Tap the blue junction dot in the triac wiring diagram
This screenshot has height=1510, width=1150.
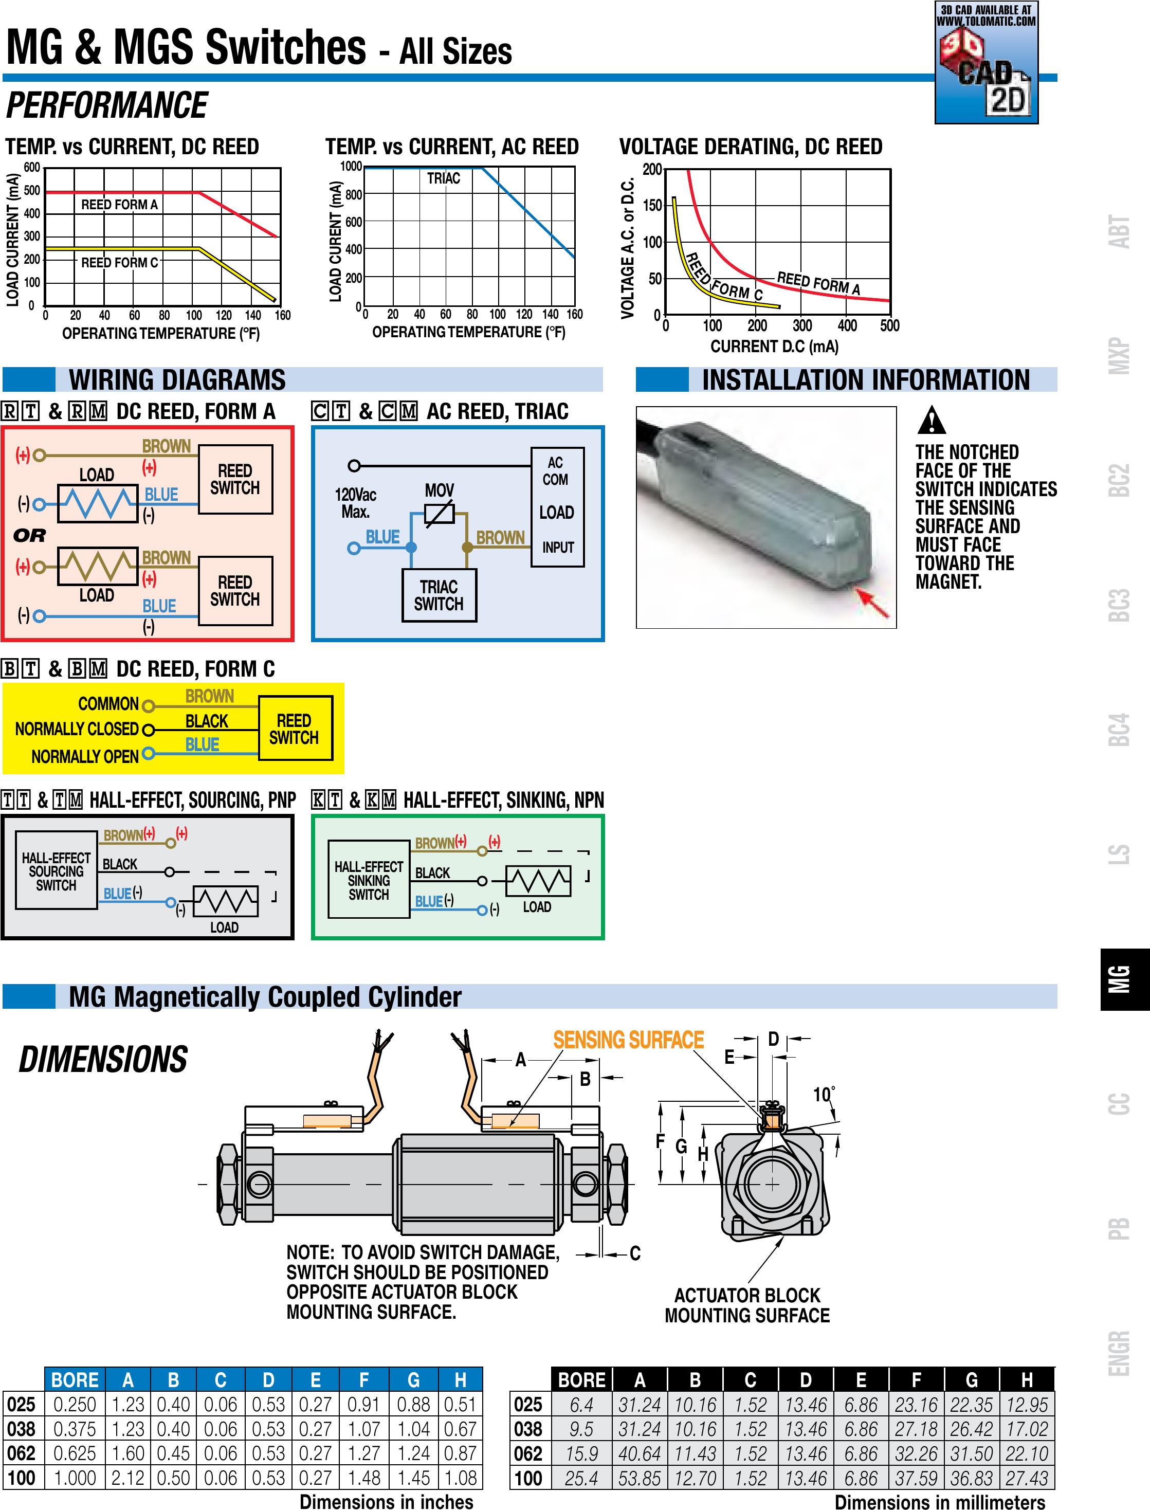click(411, 548)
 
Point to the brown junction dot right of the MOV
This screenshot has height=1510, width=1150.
click(467, 548)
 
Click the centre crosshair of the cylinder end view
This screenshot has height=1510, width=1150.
click(772, 1184)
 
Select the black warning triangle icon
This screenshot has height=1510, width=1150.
click(931, 420)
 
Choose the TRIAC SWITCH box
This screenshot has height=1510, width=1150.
click(440, 595)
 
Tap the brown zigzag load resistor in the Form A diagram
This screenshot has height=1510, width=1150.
click(98, 566)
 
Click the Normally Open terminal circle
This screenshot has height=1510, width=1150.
click(148, 754)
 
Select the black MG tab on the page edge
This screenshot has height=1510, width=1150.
click(1125, 979)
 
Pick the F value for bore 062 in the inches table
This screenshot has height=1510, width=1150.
click(363, 1452)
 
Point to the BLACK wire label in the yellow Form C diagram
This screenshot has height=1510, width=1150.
click(207, 721)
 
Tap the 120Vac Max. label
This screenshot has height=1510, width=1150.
click(355, 503)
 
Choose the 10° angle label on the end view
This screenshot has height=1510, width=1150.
click(824, 1095)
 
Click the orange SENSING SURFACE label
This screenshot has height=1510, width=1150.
click(628, 1040)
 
